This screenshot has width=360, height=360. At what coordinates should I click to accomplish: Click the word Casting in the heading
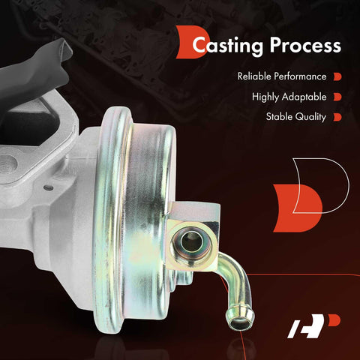coord(227,46)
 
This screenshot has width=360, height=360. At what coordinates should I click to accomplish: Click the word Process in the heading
coord(305,45)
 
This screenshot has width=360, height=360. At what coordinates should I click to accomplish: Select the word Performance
coord(300,76)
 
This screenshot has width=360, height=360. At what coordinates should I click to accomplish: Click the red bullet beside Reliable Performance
coord(337,76)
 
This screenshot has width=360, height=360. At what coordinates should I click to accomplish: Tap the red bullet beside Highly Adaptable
coord(337,97)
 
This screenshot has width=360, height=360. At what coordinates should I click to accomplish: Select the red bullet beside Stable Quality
coord(337,117)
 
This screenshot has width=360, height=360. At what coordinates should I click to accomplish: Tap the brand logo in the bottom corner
coord(313,326)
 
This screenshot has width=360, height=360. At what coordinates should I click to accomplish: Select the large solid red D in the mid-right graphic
coord(298,208)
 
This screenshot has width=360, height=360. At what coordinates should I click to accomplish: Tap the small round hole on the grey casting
coord(48,187)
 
